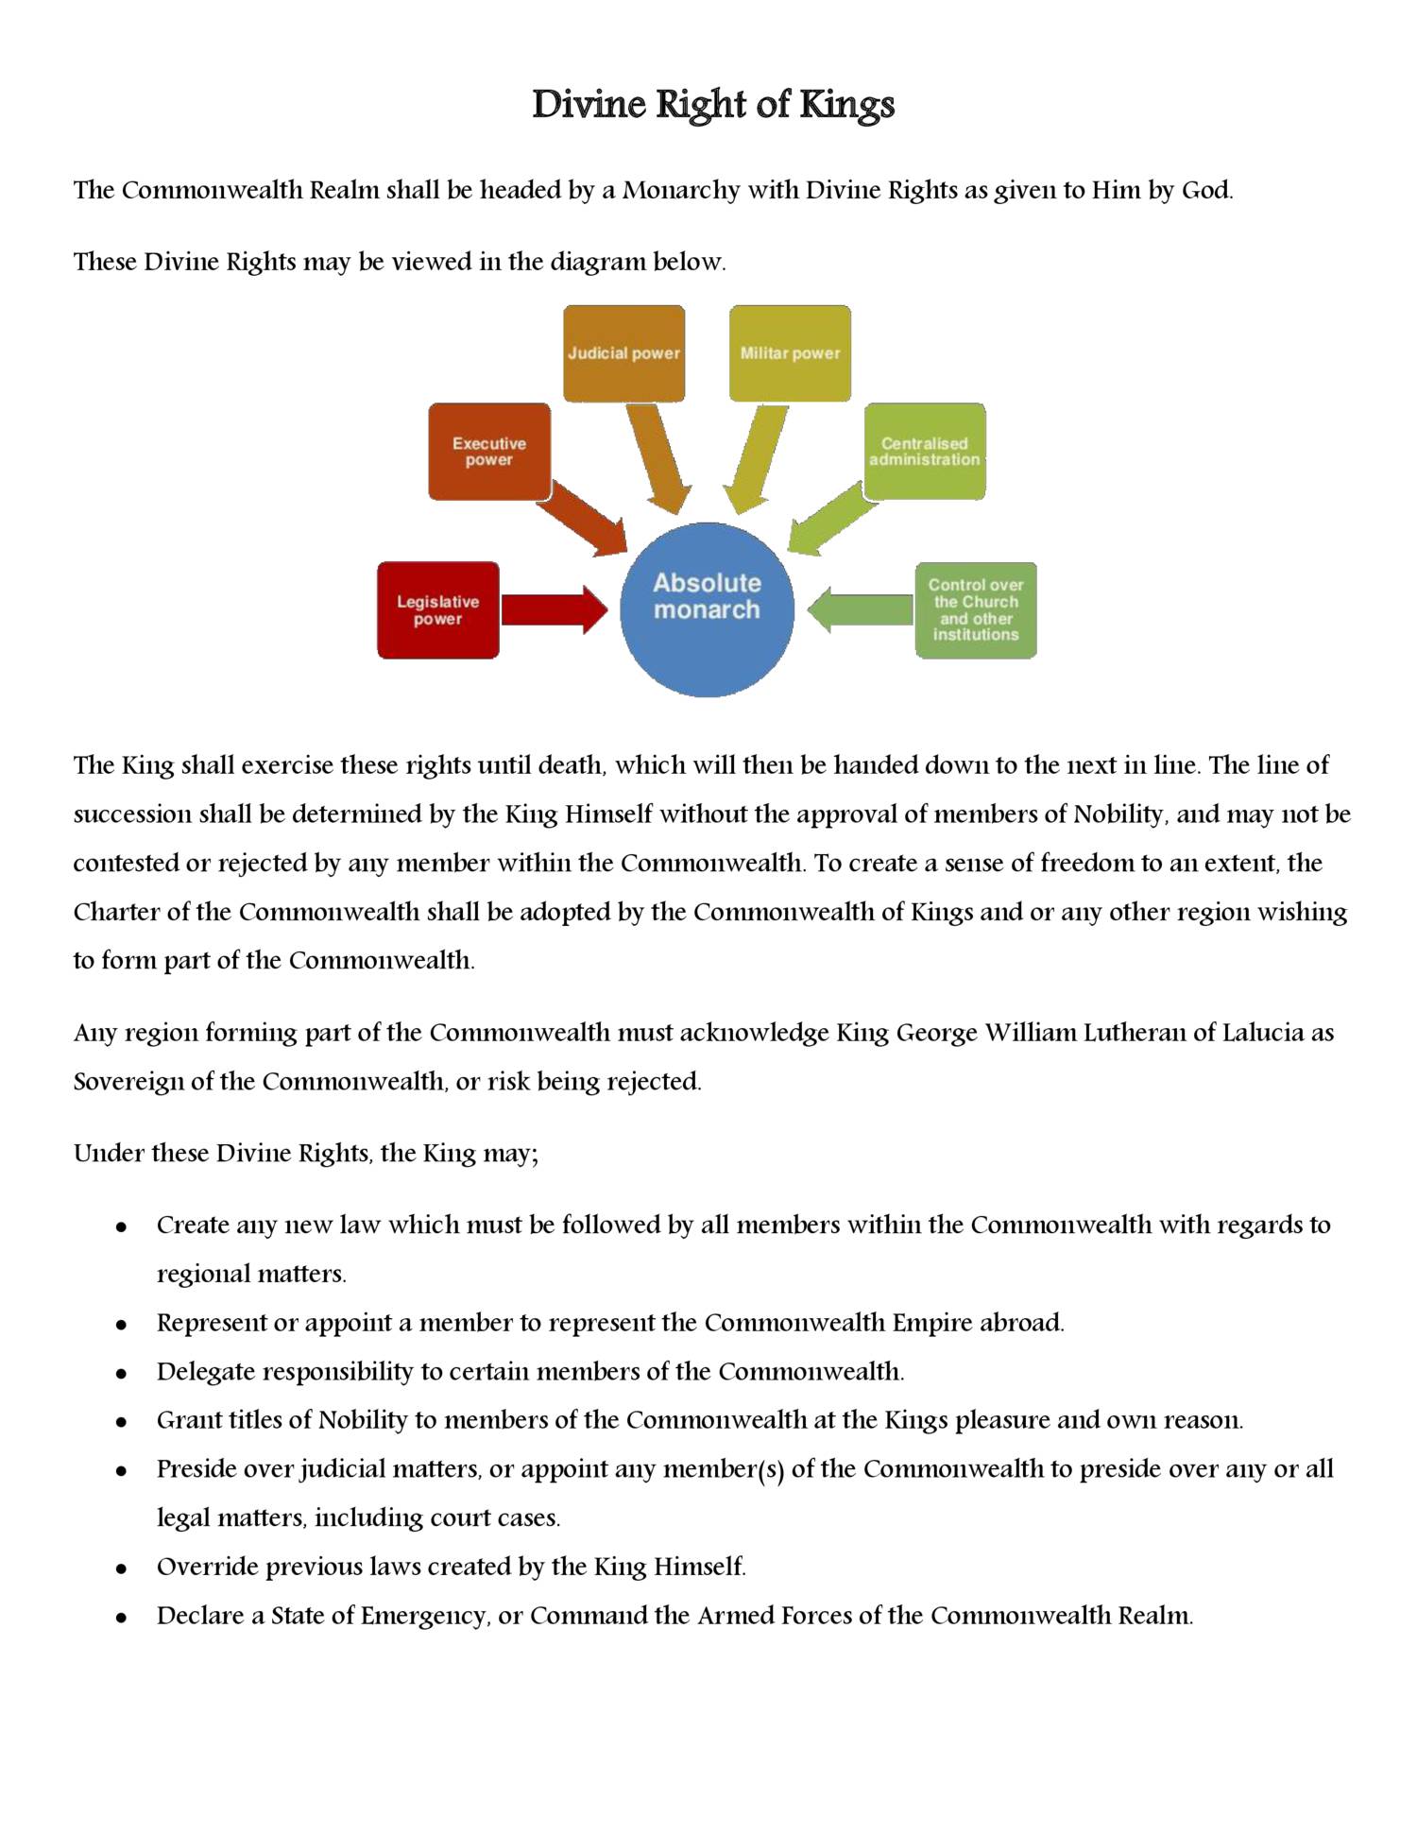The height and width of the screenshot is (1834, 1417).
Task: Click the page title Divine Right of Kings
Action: (712, 105)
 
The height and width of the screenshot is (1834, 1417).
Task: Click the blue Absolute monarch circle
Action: (707, 609)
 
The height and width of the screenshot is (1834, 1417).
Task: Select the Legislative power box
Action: (437, 610)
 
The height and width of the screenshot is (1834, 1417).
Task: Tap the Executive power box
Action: (488, 452)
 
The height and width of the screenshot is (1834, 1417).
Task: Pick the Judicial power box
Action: (623, 353)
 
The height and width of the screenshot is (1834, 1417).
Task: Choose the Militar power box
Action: (790, 353)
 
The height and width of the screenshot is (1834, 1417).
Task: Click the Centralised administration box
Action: (924, 452)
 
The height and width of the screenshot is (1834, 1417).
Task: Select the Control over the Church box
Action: (975, 610)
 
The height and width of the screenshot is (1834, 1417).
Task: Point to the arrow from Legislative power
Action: (554, 610)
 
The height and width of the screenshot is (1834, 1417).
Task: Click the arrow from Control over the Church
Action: (860, 610)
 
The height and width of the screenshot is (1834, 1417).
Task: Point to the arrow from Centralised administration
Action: (831, 520)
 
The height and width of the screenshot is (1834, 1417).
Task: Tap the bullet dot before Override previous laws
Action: (121, 1568)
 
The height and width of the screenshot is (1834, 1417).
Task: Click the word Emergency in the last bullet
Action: (423, 1616)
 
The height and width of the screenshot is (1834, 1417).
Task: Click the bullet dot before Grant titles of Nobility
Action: (121, 1421)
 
